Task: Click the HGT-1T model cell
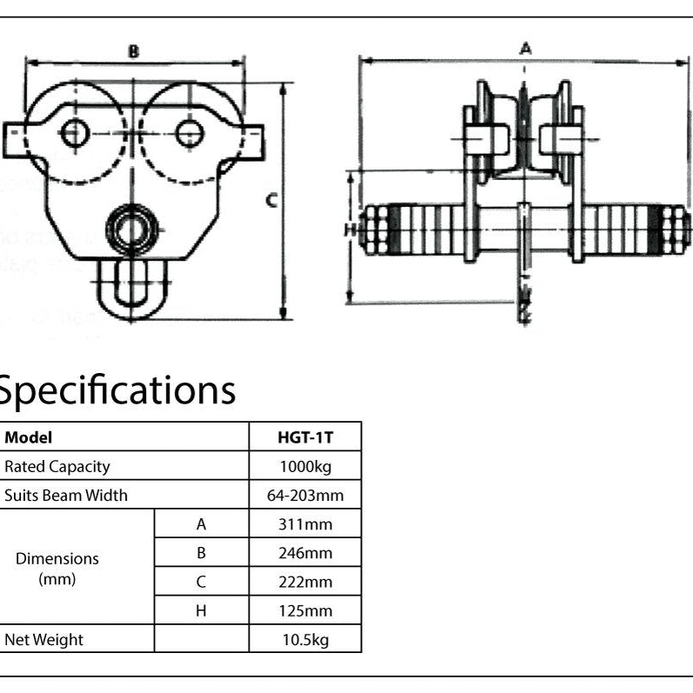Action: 305,437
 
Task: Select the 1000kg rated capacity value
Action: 305,467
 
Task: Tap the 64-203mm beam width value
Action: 305,496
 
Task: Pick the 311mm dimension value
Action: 305,524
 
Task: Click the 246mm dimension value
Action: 305,553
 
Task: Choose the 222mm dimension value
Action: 305,582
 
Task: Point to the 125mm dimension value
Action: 305,610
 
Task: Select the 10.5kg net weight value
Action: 305,640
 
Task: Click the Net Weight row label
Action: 44,640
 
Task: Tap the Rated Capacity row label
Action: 57,467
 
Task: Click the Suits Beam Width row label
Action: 66,496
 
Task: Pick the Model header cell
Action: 28,437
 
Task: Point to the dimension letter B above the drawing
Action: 133,51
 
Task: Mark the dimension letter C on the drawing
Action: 271,201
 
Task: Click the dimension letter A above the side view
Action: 525,49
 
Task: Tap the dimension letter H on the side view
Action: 350,230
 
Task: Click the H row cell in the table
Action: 201,610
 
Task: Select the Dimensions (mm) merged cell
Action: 57,568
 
